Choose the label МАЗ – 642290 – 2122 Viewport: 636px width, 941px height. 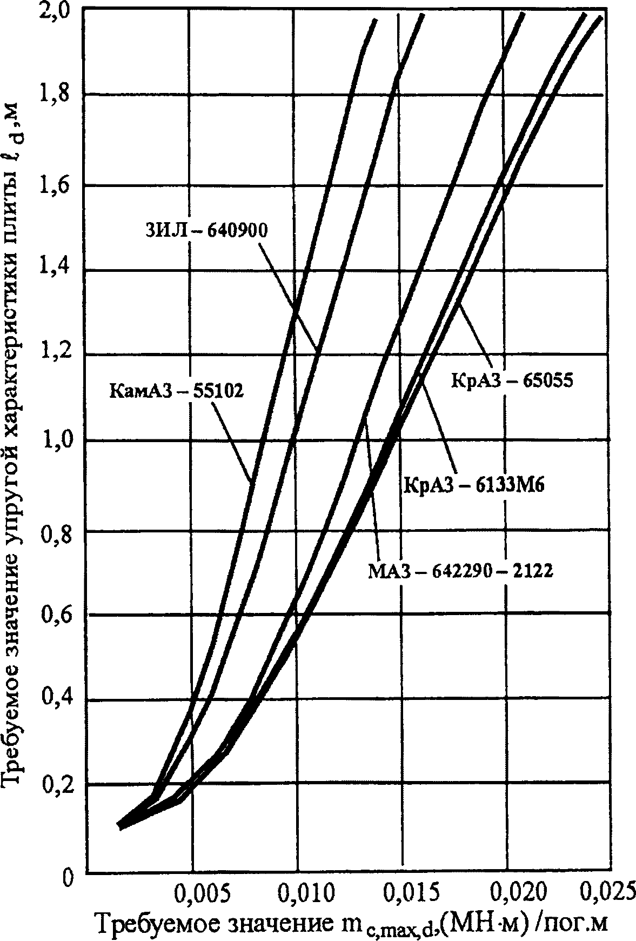point(460,571)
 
